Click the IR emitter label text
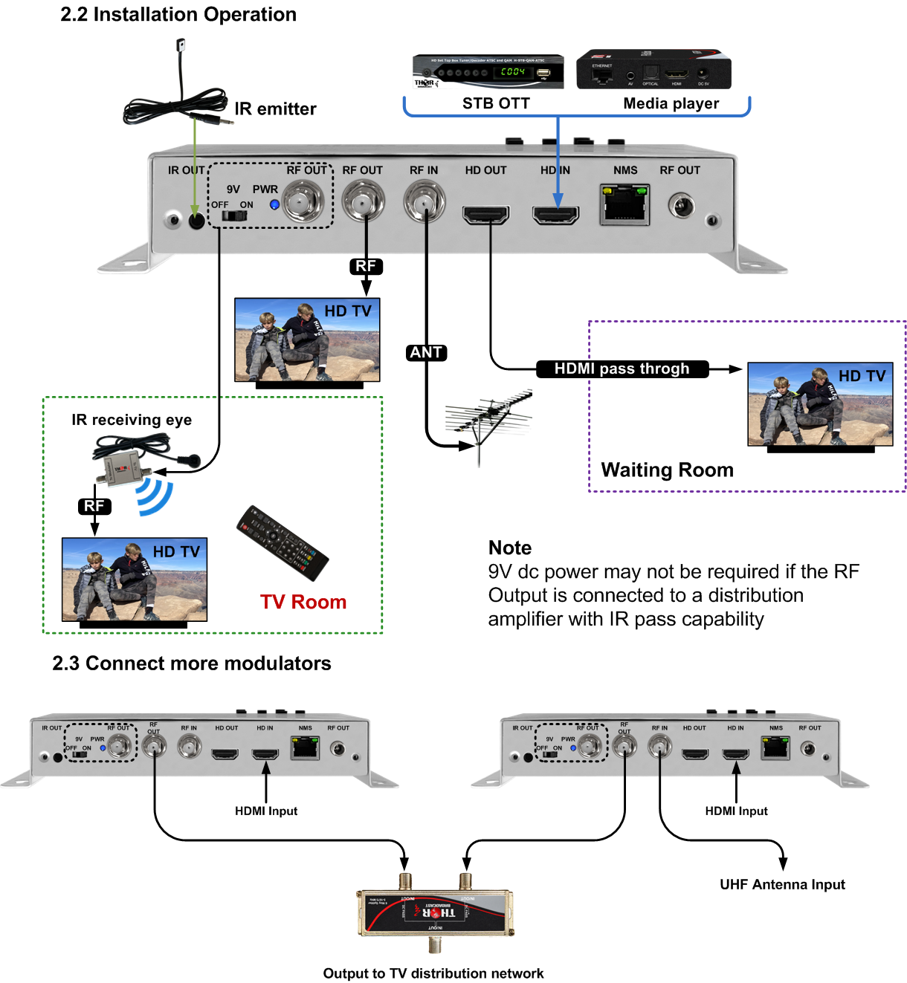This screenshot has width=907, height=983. point(275,109)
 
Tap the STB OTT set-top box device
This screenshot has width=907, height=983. point(488,72)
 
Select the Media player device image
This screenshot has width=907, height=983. point(653,70)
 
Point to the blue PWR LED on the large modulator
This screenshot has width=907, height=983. point(274,204)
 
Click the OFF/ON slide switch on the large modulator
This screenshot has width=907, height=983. point(234,215)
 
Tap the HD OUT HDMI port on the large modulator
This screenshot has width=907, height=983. point(486,215)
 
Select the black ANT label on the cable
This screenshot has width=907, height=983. point(426,352)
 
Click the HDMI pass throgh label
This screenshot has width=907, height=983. point(622,369)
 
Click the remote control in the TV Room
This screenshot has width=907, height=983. point(283,543)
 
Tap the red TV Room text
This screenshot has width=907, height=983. point(303,602)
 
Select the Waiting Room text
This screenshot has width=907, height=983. point(667,470)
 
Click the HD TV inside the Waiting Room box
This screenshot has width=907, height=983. point(820,405)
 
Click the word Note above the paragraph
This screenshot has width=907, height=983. point(510,548)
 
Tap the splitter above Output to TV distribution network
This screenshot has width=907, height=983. point(436,912)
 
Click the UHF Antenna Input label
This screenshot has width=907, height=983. point(782,885)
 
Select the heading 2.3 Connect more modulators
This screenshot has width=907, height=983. point(192,664)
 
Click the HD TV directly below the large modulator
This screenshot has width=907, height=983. point(307,341)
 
